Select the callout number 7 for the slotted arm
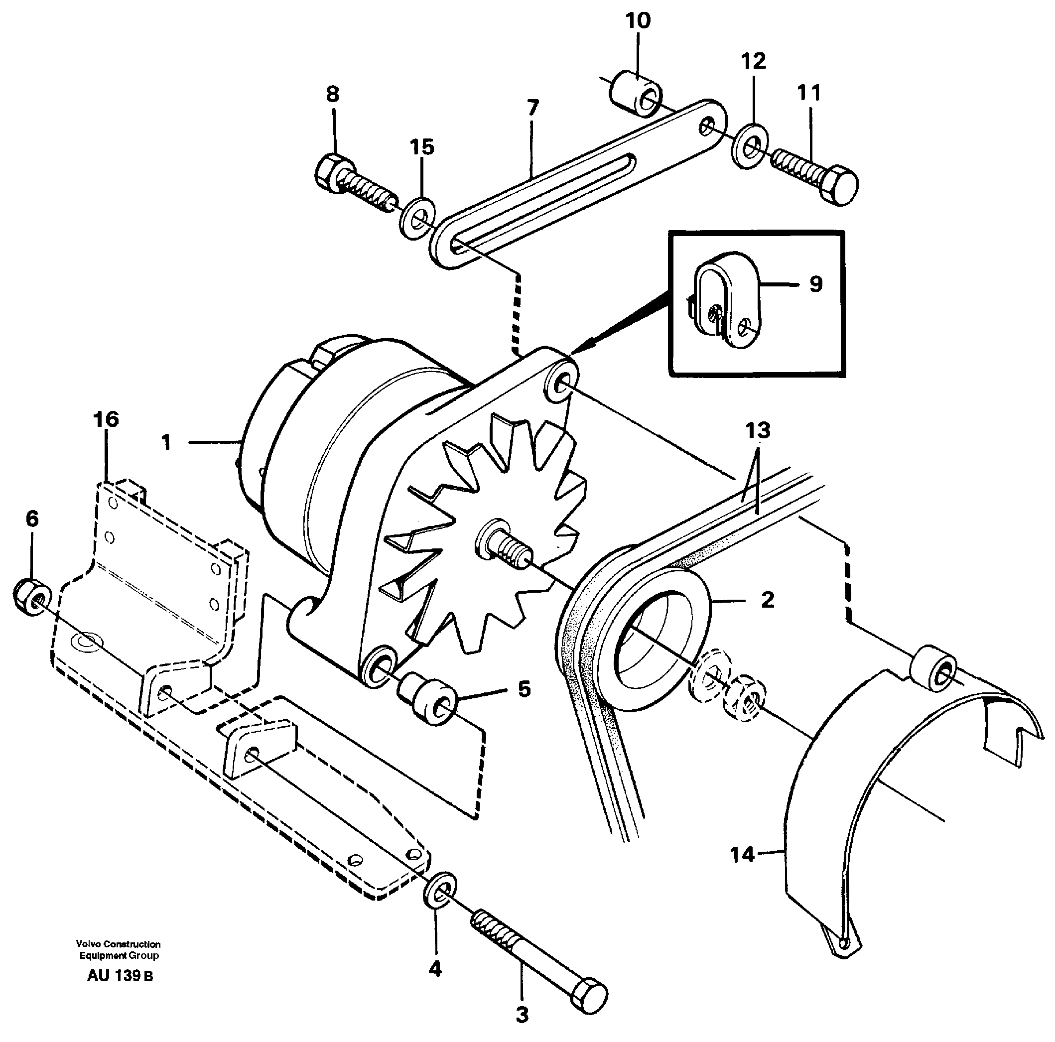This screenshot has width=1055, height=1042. click(532, 108)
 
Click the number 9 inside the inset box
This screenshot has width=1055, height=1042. click(815, 283)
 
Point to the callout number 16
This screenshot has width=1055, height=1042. click(106, 419)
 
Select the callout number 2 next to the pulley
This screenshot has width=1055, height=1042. click(767, 600)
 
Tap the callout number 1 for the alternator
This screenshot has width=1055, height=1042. click(166, 442)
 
